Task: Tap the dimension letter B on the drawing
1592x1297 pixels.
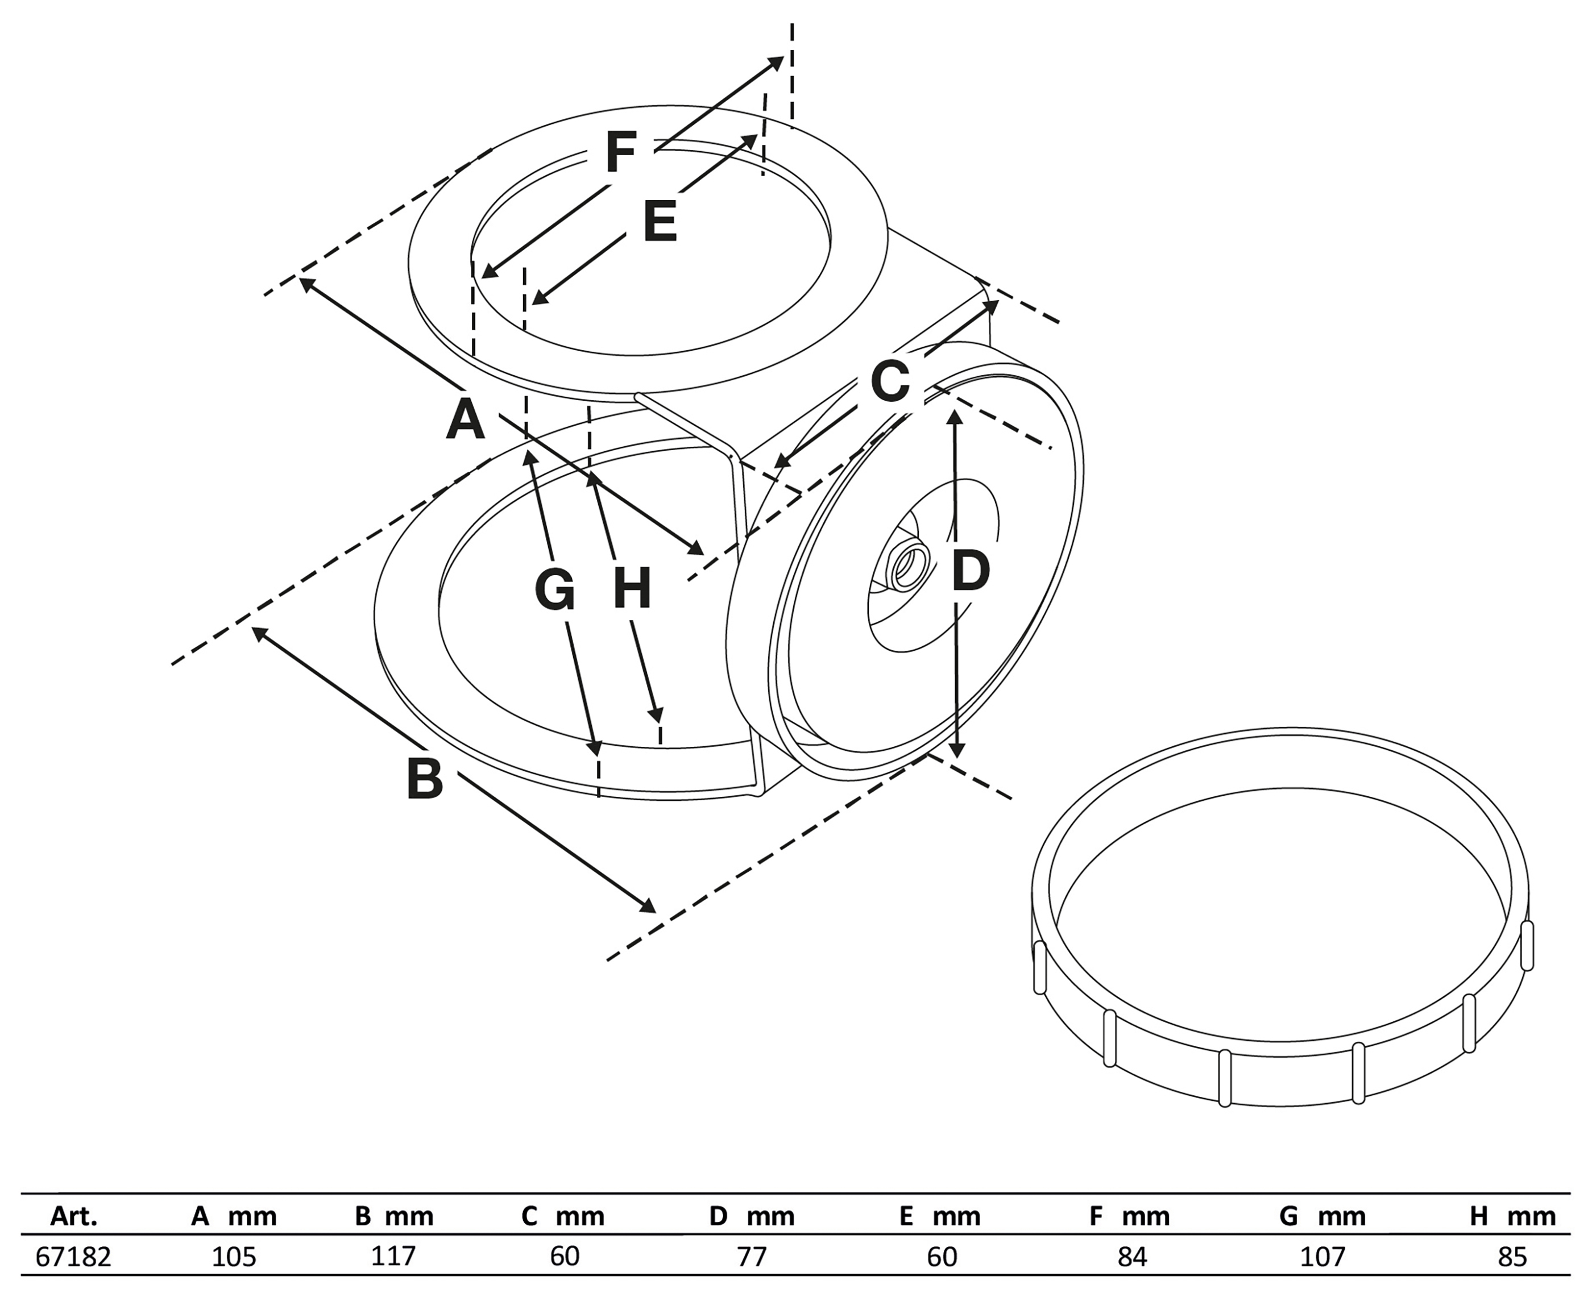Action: point(425,779)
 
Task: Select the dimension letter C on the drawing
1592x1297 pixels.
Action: point(890,380)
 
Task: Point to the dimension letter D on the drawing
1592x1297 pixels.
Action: point(970,572)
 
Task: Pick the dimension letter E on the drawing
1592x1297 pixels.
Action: point(660,221)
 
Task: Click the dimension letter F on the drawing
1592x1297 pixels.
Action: point(620,152)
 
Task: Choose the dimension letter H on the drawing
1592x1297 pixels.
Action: point(632,589)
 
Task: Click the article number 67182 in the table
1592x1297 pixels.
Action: point(73,1257)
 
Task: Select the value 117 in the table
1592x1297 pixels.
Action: point(393,1256)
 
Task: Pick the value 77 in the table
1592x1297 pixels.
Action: point(751,1257)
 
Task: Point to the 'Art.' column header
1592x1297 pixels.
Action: point(73,1217)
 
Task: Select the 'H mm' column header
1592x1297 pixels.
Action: point(1512,1217)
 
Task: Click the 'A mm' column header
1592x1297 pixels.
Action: point(233,1217)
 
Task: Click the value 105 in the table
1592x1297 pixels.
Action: point(233,1257)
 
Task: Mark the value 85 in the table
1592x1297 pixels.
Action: point(1512,1257)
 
